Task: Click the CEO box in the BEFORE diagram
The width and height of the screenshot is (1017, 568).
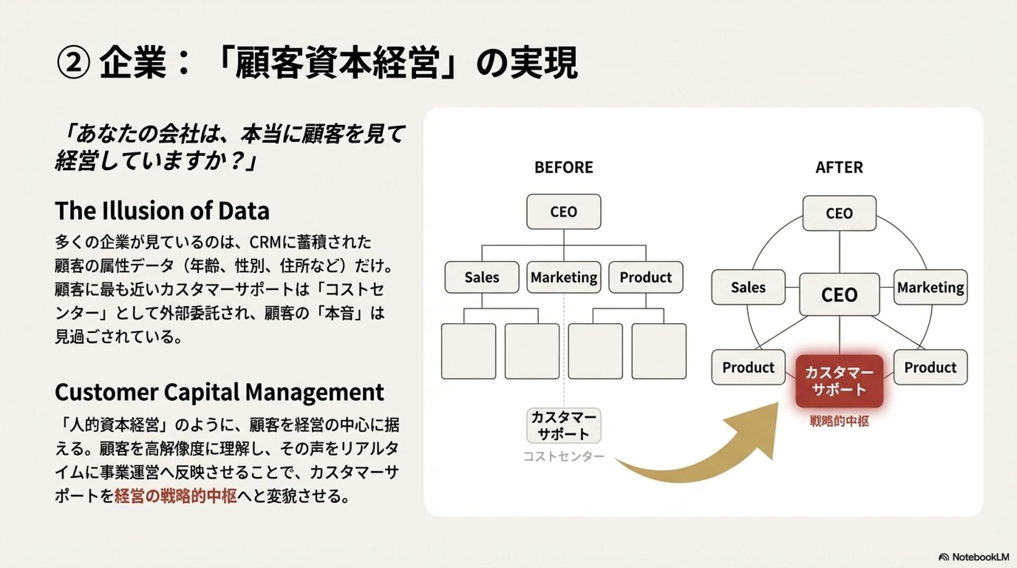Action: coord(564,211)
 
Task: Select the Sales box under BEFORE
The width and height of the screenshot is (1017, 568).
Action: coord(481,277)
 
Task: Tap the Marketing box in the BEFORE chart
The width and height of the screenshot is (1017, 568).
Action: coord(564,277)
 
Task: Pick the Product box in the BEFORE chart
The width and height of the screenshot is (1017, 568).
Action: coord(646,277)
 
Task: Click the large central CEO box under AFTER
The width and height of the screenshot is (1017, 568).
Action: coord(839,295)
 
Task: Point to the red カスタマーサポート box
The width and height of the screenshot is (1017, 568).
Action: coord(839,381)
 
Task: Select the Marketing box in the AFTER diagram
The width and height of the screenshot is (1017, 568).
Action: coord(930,287)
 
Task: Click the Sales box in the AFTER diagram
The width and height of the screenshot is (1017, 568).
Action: coord(748,287)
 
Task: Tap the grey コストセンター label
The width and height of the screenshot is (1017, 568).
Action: coord(564,456)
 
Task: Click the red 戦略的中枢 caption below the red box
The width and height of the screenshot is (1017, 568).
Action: coord(839,421)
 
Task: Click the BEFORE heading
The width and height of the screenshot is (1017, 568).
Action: coord(564,167)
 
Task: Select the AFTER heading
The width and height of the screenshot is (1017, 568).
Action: coord(839,167)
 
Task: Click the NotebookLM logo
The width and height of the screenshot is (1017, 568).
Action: coord(974,557)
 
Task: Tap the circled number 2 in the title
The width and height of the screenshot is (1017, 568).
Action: coord(73,63)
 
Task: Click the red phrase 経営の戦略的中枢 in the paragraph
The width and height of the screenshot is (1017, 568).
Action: coord(175,496)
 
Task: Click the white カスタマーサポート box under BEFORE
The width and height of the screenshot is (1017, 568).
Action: coord(564,425)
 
